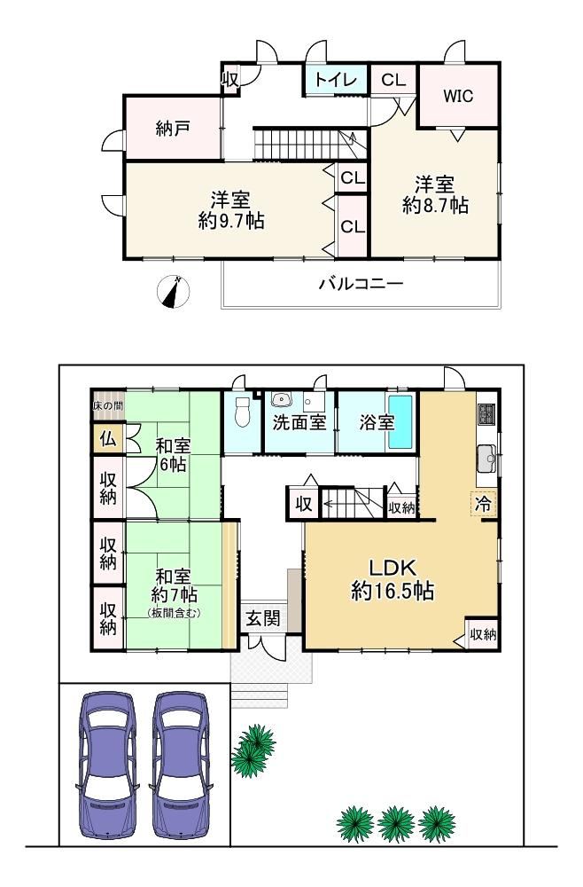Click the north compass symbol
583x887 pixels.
point(173,292)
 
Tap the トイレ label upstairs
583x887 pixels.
point(336,80)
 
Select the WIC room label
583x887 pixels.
point(458,96)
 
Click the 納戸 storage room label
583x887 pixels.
point(172,130)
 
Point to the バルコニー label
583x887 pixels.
point(361,284)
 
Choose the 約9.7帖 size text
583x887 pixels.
point(231,221)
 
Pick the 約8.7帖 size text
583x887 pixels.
point(436,206)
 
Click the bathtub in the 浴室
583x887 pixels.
point(400,421)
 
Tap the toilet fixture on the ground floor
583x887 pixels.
point(243,412)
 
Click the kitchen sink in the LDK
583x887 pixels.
point(486,459)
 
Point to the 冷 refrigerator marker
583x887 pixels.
point(484,504)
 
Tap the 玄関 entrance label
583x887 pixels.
point(263,618)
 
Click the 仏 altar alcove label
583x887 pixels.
point(108,438)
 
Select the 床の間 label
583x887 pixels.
point(108,405)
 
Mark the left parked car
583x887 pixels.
point(107,765)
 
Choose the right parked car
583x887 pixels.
point(182,765)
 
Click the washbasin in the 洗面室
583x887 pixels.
point(282,401)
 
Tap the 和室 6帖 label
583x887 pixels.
point(173,455)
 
